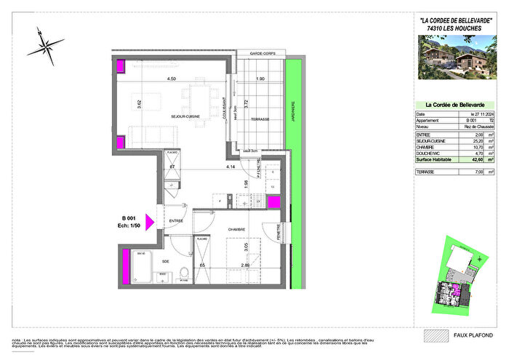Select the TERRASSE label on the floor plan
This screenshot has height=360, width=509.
pyautogui.click(x=255, y=119)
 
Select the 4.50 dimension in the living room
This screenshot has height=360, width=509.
pyautogui.click(x=172, y=79)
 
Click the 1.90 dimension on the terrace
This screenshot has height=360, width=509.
pyautogui.click(x=260, y=79)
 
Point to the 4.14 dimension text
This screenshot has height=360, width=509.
pyautogui.click(x=229, y=168)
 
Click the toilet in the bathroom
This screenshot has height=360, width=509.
pyautogui.click(x=184, y=274)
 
